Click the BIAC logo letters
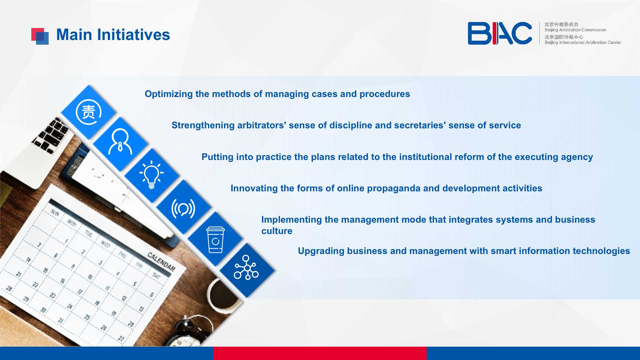coord(500,33)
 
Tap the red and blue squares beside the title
coord(40,36)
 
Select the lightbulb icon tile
coord(152,175)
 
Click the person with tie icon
coord(120,142)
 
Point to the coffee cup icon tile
coord(215,240)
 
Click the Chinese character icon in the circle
coord(89,112)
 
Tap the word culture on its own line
coord(277,231)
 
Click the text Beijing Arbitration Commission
coord(575,30)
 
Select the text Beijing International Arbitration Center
coord(583,42)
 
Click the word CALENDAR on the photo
coord(161,261)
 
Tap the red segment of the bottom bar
coord(320,353)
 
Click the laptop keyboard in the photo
coord(51,135)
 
